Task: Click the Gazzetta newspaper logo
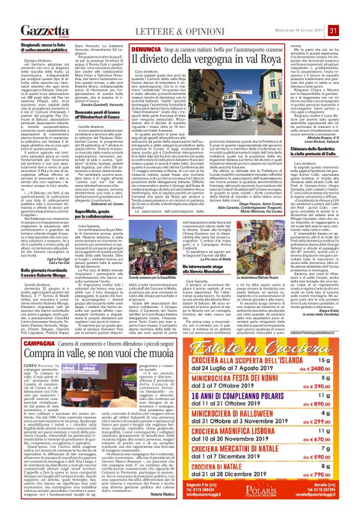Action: click(x=42, y=30)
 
